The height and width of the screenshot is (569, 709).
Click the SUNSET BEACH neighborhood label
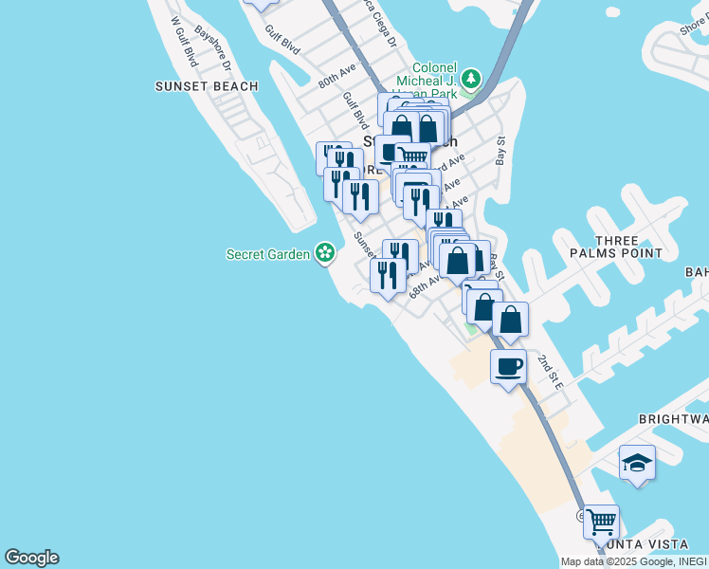207,86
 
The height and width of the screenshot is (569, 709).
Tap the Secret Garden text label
268,253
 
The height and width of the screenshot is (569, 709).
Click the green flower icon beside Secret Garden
325,252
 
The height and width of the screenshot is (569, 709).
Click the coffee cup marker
509,365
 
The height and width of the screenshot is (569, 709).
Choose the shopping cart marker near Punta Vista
601,521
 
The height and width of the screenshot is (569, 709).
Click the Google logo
31,558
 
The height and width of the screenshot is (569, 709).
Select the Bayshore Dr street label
214,47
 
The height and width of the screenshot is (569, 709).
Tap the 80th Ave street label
336,76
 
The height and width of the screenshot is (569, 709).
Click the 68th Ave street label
426,284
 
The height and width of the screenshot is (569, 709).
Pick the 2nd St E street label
551,373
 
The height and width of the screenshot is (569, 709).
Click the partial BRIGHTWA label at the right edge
673,418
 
